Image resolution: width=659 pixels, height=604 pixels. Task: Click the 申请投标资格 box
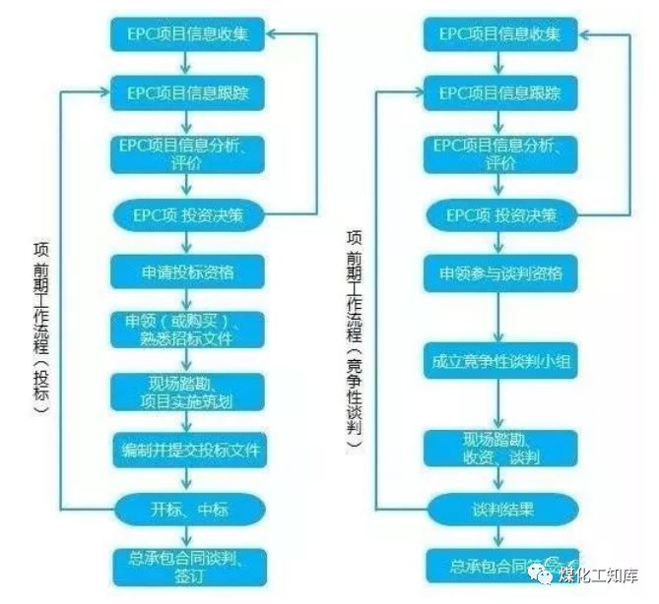[188, 271]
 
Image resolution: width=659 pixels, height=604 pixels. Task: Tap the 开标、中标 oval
[188, 511]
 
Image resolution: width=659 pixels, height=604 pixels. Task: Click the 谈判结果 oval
[499, 510]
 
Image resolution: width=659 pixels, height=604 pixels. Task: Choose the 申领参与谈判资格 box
[499, 271]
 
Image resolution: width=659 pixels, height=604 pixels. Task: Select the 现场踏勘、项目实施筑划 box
[188, 392]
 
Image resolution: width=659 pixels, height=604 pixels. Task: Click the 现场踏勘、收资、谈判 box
[499, 449]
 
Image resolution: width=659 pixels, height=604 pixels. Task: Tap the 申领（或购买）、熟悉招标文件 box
[188, 330]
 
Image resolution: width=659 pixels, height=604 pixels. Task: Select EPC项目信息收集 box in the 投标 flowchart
[188, 34]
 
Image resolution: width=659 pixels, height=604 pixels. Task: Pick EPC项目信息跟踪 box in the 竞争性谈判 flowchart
[499, 93]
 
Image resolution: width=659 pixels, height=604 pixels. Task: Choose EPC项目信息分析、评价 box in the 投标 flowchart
[188, 154]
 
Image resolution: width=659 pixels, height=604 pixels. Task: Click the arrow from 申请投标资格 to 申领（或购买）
[188, 299]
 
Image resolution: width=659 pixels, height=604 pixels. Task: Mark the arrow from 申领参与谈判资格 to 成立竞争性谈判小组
[499, 314]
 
